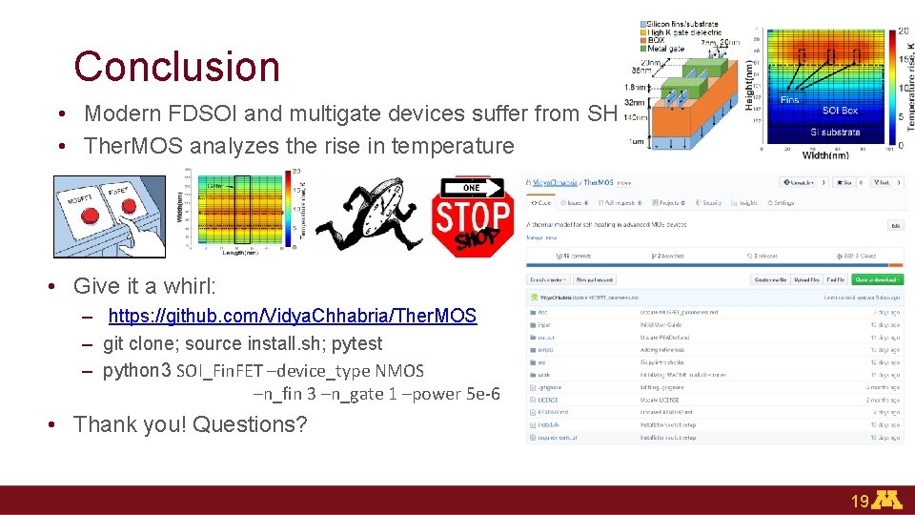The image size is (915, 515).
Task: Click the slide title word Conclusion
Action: pos(176,67)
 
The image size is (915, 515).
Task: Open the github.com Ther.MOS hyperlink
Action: pos(292,316)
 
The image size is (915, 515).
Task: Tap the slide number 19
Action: pos(860,501)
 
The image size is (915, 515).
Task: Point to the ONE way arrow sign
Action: pos(480,187)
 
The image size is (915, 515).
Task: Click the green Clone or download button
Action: pos(876,279)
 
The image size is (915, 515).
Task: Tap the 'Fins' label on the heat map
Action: pos(790,99)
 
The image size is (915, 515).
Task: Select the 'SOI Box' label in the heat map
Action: pos(840,112)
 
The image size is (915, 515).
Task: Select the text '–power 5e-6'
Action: pos(456,394)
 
